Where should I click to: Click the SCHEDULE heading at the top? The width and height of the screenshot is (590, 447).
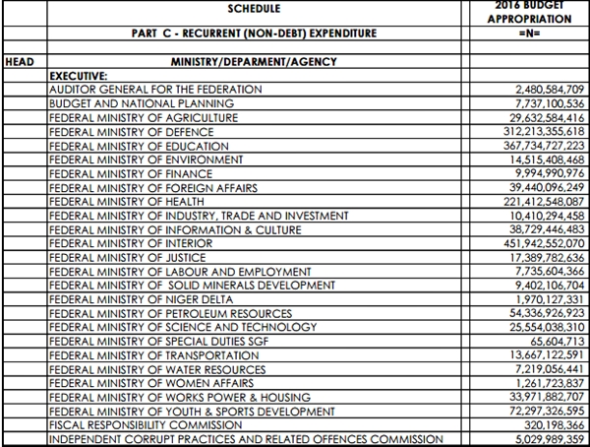(255, 9)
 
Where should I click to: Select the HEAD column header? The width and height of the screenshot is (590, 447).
(21, 61)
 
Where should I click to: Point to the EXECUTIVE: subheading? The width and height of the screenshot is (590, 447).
(82, 75)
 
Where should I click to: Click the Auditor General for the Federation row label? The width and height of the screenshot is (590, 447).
(155, 89)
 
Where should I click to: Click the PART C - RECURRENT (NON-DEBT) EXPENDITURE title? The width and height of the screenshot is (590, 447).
(254, 34)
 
